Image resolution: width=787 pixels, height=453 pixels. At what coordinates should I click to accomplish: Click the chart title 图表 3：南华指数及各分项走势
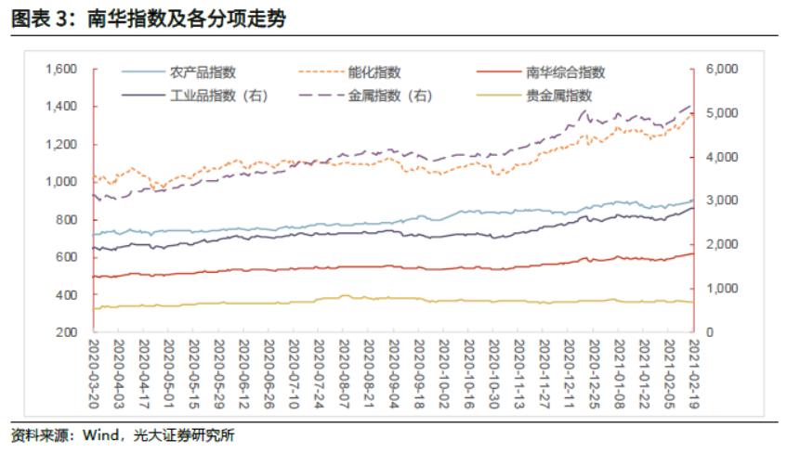[149, 19]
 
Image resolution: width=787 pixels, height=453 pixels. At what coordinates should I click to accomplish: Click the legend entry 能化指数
[374, 71]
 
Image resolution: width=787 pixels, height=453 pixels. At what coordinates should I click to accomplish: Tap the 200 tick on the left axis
[70, 332]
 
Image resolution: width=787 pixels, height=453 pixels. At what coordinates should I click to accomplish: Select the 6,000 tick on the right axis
[722, 70]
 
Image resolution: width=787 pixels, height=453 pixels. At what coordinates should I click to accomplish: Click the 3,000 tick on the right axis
[722, 201]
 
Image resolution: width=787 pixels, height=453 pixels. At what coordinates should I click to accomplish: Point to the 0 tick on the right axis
[710, 332]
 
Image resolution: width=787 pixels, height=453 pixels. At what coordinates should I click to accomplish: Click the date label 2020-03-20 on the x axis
[96, 372]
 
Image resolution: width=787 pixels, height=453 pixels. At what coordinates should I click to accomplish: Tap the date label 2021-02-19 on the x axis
[693, 372]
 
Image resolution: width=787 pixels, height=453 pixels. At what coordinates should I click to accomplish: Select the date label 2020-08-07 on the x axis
[346, 372]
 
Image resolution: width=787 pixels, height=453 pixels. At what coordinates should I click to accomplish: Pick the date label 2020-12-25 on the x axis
[594, 372]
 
